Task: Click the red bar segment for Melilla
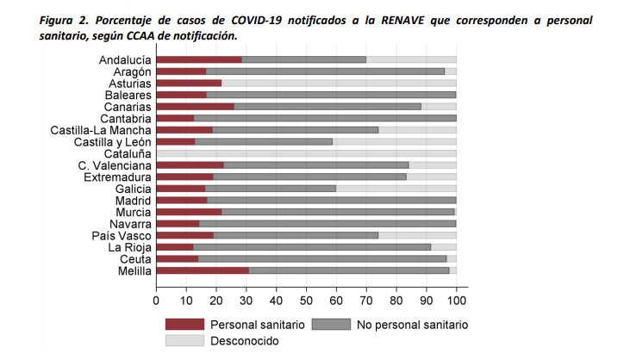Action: [x=203, y=270]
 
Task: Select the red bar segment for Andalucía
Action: [x=199, y=59]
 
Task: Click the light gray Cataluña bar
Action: [x=306, y=153]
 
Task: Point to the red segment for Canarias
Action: [x=195, y=106]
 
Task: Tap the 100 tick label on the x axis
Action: [x=456, y=301]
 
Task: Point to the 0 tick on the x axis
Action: [x=156, y=301]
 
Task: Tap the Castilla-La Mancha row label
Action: [x=101, y=129]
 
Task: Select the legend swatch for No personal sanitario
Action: [x=331, y=325]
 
